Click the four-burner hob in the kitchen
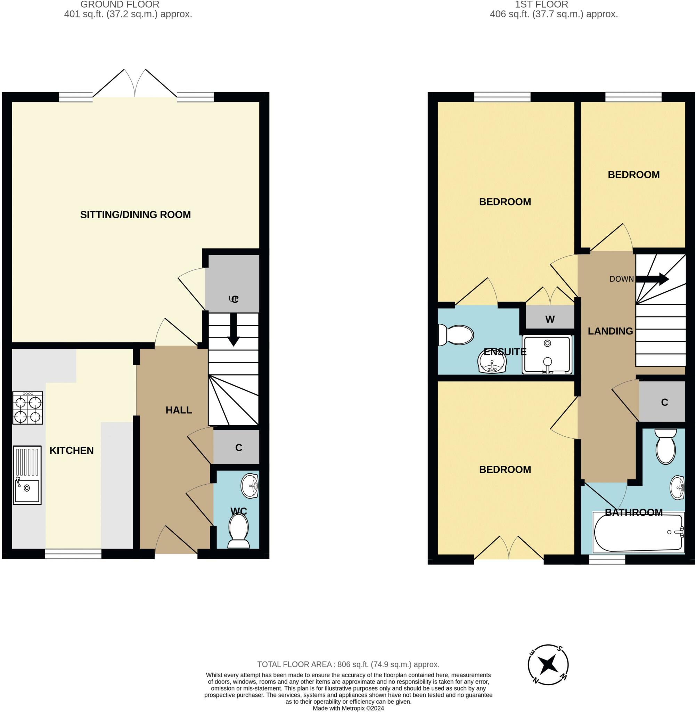(x=27, y=408)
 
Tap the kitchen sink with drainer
(x=27, y=475)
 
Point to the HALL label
(x=179, y=410)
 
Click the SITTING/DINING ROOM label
(x=135, y=215)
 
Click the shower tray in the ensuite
(x=547, y=355)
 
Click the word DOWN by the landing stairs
(x=621, y=279)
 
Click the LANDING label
(x=610, y=331)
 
